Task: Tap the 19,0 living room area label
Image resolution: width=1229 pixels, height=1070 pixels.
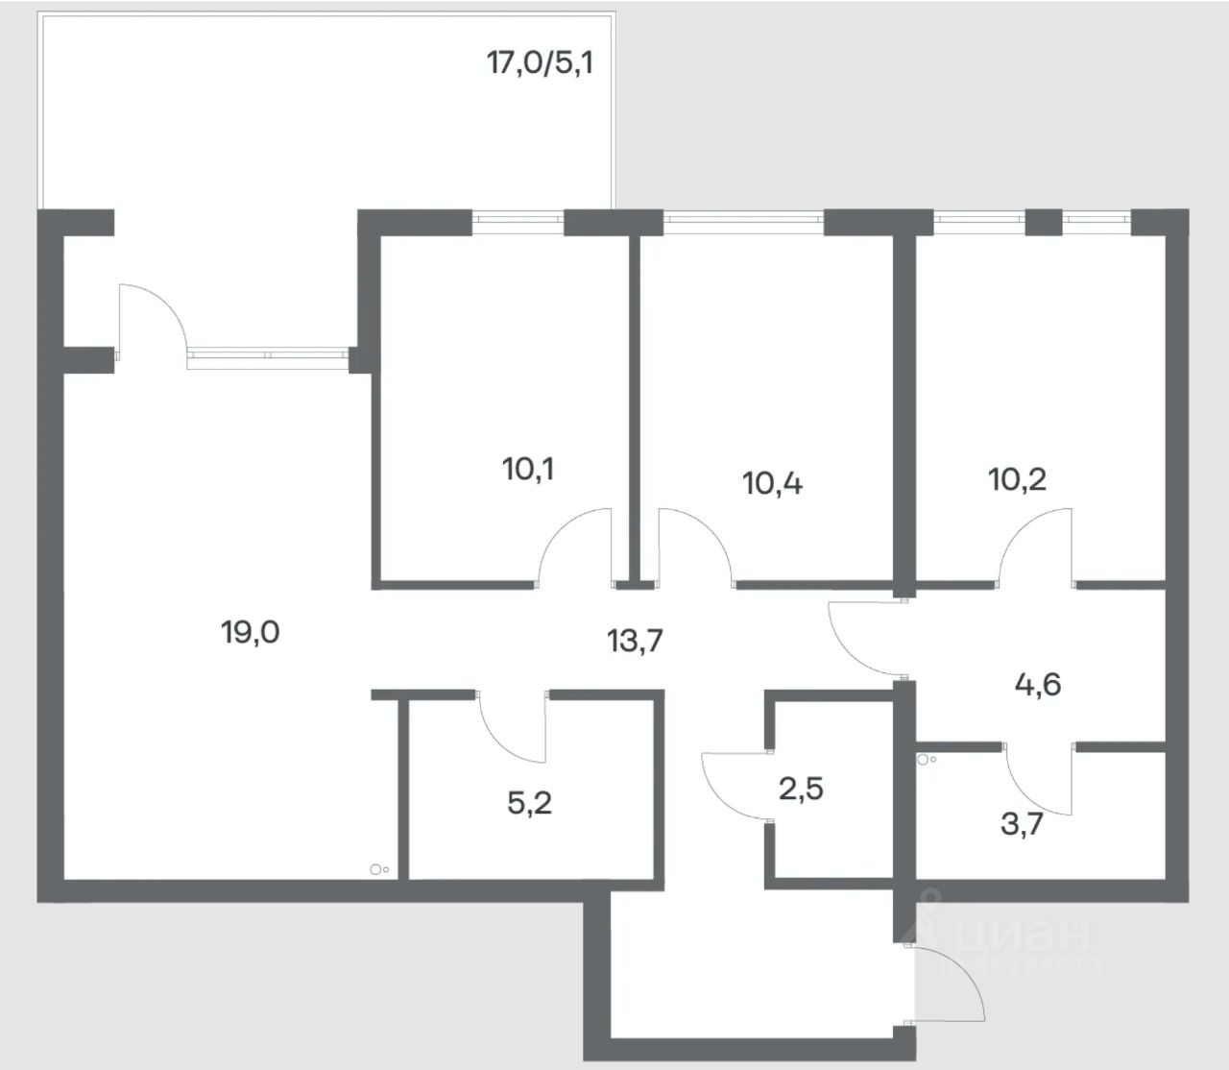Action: (x=251, y=632)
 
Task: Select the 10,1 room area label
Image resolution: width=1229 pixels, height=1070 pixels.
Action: (x=527, y=470)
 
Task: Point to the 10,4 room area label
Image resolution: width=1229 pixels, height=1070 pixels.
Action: (x=773, y=482)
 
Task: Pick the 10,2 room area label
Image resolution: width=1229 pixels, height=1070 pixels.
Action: (x=1017, y=477)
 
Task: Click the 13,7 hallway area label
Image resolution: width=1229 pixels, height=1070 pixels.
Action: (x=635, y=640)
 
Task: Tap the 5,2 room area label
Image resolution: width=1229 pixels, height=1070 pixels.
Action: (x=529, y=802)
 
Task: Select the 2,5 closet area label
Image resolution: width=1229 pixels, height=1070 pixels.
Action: (x=801, y=790)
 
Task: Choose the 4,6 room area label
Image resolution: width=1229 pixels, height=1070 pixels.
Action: (x=1038, y=685)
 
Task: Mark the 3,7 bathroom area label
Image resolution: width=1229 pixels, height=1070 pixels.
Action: (x=1022, y=823)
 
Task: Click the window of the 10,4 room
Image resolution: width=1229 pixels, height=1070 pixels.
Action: (x=744, y=222)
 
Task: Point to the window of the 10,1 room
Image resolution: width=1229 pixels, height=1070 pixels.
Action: (x=518, y=222)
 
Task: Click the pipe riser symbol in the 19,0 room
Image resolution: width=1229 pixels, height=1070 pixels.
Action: (x=377, y=870)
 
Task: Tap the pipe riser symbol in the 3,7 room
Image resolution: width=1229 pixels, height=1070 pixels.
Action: (x=925, y=759)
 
